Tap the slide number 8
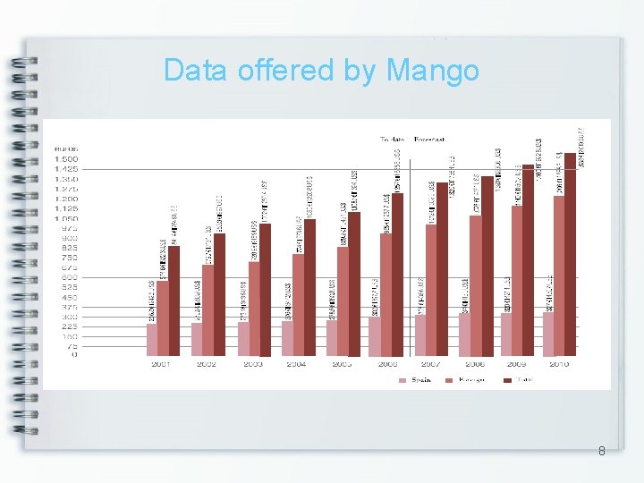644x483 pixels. tap(601, 452)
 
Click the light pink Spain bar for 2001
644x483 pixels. tap(152, 340)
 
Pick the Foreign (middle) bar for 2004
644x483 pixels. tap(299, 305)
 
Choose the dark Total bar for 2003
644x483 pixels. tap(265, 291)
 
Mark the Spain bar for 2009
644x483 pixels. tap(506, 335)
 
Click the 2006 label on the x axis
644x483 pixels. tap(387, 365)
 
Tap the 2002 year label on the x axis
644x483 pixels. tap(206, 365)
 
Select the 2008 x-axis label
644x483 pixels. tap(474, 365)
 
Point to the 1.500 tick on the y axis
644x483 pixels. tap(66, 158)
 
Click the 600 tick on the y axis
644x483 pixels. tap(69, 277)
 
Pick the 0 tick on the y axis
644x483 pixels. tap(74, 355)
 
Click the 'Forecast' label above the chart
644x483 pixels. tap(429, 140)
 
